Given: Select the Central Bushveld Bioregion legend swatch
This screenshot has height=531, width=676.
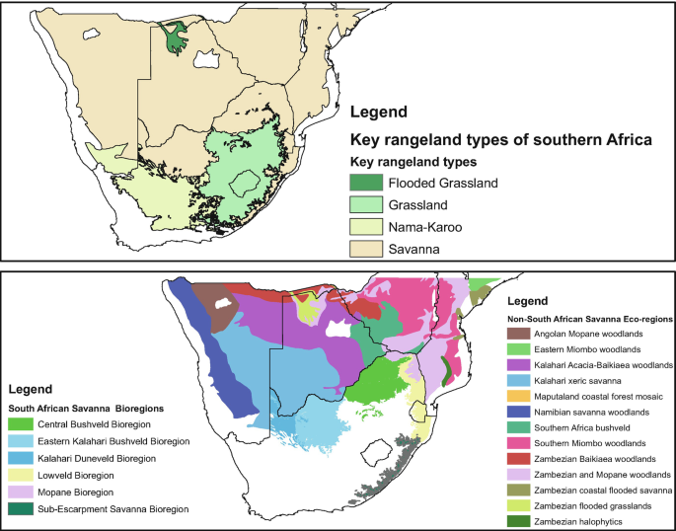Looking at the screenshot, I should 20,423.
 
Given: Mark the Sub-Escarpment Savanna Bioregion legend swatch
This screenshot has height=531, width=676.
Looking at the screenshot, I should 20,508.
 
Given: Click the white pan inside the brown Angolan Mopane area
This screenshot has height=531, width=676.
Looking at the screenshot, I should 224,305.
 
